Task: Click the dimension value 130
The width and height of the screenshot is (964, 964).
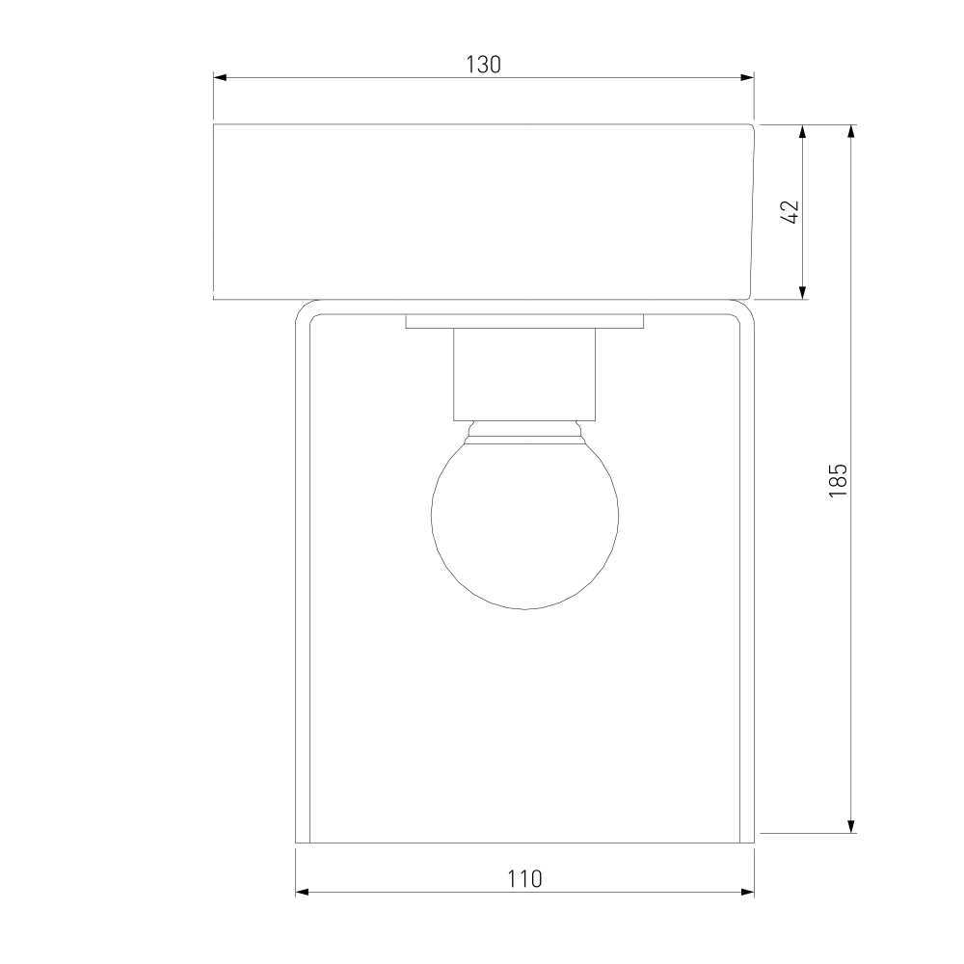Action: click(x=483, y=65)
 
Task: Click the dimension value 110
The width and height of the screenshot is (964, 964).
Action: click(x=524, y=879)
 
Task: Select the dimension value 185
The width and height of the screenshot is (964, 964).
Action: click(x=838, y=480)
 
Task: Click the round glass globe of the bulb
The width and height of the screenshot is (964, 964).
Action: click(x=524, y=522)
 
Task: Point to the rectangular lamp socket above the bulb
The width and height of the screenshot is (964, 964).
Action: click(x=524, y=374)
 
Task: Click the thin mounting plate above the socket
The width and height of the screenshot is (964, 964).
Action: click(x=524, y=322)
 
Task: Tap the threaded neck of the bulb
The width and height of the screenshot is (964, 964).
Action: click(x=524, y=430)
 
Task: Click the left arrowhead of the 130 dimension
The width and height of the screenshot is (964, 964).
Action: click(x=220, y=77)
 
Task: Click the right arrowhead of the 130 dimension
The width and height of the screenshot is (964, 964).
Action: click(x=748, y=77)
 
